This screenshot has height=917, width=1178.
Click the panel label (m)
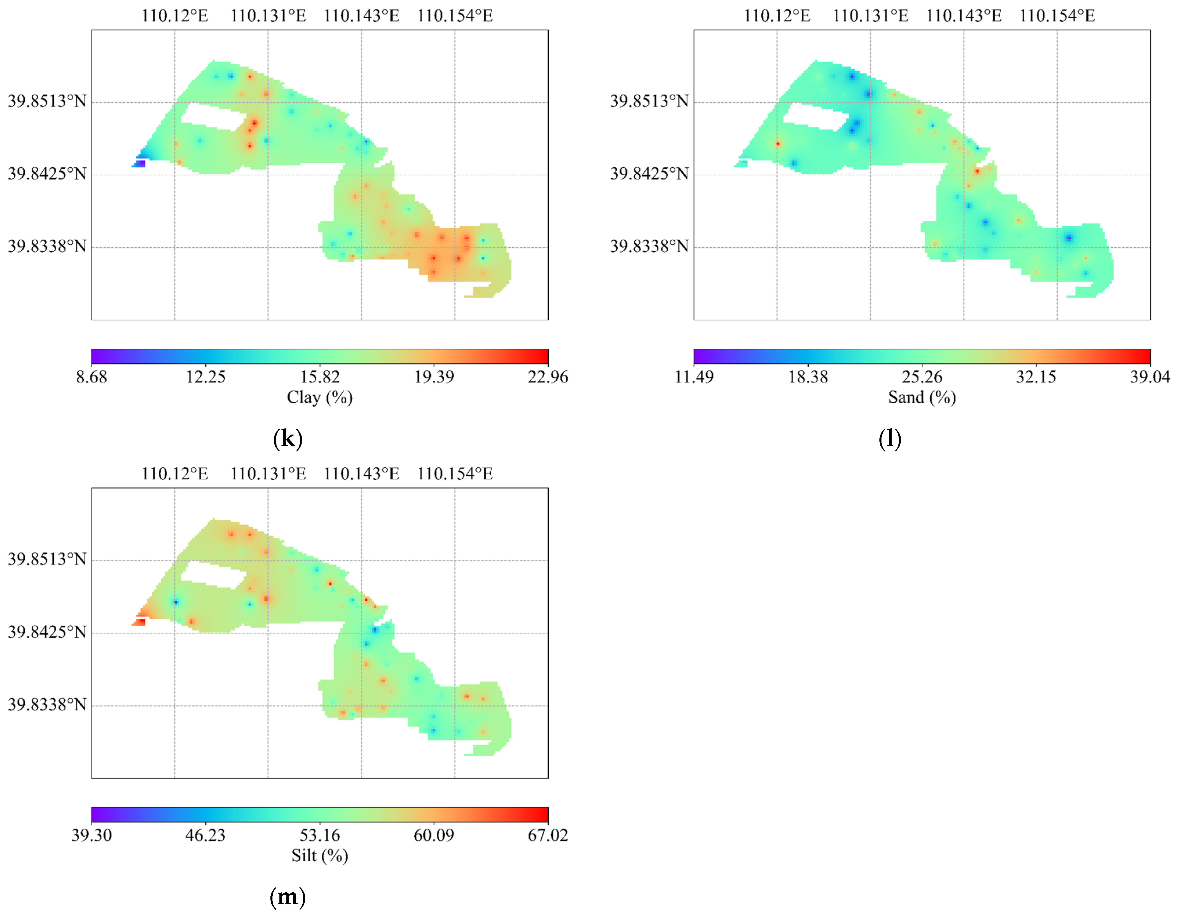[x=288, y=897]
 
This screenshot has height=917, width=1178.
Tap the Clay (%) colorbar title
[x=320, y=397]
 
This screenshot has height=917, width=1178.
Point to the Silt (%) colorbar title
[x=320, y=856]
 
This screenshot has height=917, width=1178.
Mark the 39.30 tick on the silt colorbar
[x=92, y=835]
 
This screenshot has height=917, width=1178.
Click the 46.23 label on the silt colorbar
[x=205, y=835]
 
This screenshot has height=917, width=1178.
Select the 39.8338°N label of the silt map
[x=47, y=704]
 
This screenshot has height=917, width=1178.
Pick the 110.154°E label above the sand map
[x=1057, y=16]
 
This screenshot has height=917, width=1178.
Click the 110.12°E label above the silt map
[x=175, y=474]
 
